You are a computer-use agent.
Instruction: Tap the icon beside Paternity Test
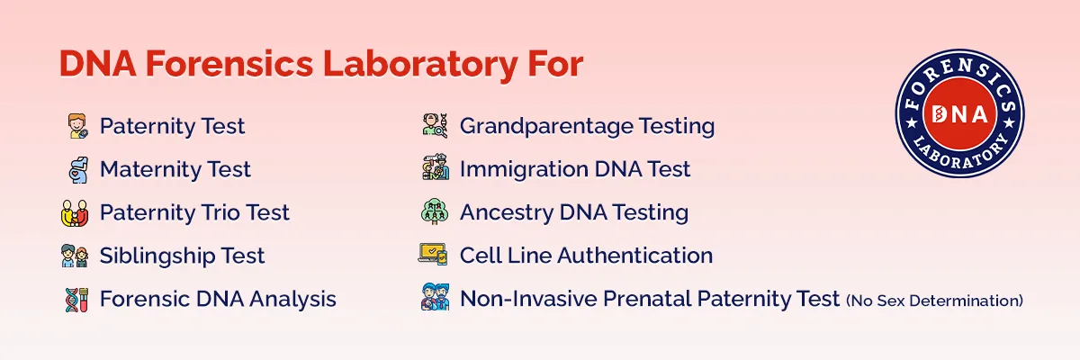[78, 127]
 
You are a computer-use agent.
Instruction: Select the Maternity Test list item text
[175, 169]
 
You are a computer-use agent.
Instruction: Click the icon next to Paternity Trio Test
[76, 213]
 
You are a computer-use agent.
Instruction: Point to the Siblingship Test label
[182, 256]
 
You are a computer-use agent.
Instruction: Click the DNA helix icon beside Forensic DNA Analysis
[76, 299]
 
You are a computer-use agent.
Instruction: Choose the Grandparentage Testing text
[587, 127]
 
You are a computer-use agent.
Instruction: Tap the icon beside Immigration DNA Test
[435, 169]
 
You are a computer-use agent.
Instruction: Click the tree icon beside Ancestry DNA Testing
[435, 212]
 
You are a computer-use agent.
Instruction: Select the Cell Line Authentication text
[586, 256]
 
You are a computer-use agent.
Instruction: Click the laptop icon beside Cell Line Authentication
[434, 256]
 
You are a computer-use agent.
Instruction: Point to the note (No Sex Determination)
[934, 301]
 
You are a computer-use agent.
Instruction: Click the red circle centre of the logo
[959, 113]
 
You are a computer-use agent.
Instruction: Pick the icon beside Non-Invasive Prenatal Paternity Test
[435, 298]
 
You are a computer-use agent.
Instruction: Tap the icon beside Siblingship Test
[76, 256]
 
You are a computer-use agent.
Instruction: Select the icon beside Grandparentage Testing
[435, 127]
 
